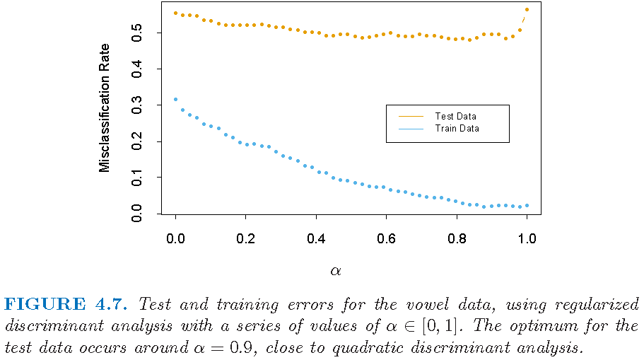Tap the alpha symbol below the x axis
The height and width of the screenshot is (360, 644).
pyautogui.click(x=335, y=270)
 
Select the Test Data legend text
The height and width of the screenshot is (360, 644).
pyautogui.click(x=455, y=116)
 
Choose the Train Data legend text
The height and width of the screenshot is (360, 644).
pyautogui.click(x=456, y=129)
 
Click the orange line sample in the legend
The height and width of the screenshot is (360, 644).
pyautogui.click(x=411, y=116)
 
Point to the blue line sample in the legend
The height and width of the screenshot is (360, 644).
pyautogui.click(x=411, y=129)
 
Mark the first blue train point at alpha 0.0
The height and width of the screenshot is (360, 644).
pyautogui.click(x=175, y=99)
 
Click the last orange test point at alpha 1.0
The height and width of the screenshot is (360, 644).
pyautogui.click(x=527, y=10)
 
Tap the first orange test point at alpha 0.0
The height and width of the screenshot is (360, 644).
pyautogui.click(x=175, y=13)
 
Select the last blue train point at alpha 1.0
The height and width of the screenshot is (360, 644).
pyautogui.click(x=527, y=205)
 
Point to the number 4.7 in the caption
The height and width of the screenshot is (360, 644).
pyautogui.click(x=112, y=304)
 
